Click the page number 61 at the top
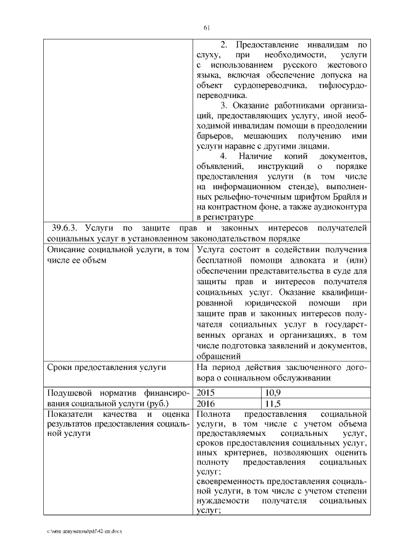pyautogui.click(x=207, y=27)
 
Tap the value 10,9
pyautogui.click(x=272, y=392)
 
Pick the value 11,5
pyautogui.click(x=272, y=403)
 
